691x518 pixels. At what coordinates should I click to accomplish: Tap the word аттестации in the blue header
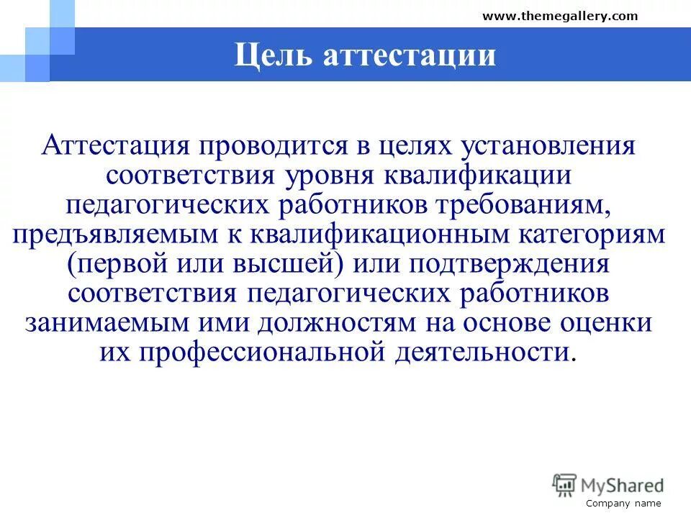[409, 55]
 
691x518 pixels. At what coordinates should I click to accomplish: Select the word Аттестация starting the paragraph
[115, 146]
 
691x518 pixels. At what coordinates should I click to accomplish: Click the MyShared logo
[608, 484]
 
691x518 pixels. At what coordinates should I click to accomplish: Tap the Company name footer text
[623, 504]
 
